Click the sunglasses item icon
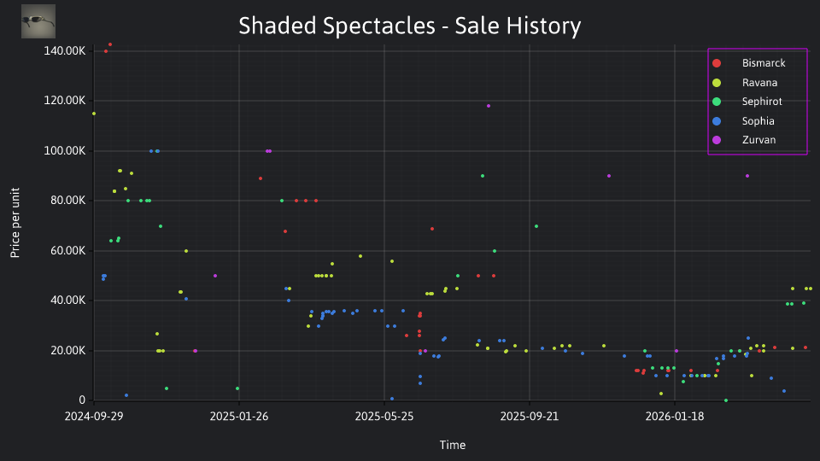[38, 21]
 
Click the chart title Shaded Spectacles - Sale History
[409, 26]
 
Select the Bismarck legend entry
[749, 63]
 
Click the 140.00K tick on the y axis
[64, 50]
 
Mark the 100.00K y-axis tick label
[64, 150]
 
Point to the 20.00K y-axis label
[67, 350]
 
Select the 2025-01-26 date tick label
[239, 416]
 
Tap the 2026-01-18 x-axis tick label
[675, 416]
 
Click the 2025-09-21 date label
[530, 416]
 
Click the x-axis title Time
[453, 445]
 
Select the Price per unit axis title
[15, 223]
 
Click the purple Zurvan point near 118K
[489, 106]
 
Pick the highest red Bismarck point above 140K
[110, 44]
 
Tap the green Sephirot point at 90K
[482, 176]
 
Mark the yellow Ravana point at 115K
[94, 114]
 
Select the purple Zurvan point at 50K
[215, 276]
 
